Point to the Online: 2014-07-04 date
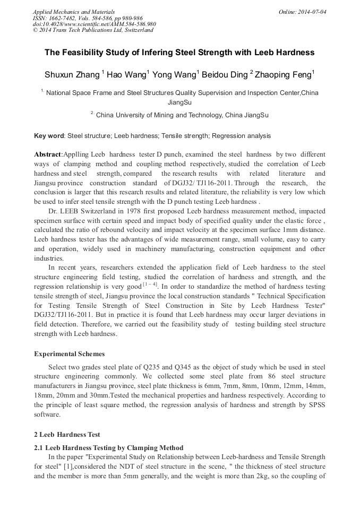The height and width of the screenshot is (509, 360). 302,12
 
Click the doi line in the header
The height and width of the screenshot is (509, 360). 94,24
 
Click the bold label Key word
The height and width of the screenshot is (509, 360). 49,136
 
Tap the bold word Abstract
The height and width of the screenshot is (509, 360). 48,154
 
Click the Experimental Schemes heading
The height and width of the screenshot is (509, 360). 69,353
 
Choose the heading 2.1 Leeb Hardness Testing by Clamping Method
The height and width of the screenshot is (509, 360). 108,448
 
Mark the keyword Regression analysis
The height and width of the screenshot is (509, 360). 241,136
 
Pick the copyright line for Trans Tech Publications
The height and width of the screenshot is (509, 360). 93,30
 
